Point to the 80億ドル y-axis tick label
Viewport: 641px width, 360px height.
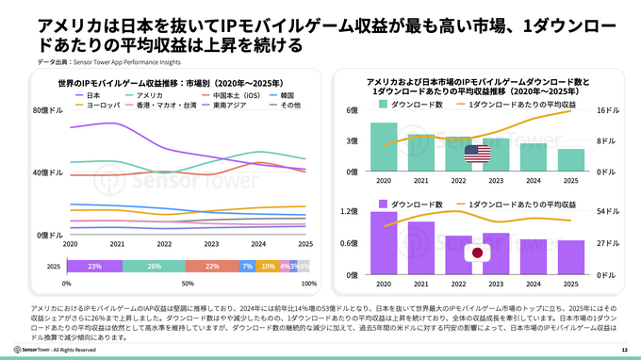tap(48, 111)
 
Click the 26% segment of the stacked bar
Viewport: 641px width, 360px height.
tap(154, 267)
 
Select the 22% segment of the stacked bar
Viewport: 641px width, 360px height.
tap(212, 267)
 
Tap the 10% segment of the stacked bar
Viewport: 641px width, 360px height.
tap(267, 267)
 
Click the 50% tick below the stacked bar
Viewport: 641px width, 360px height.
tap(187, 284)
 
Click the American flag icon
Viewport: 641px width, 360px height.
tap(477, 153)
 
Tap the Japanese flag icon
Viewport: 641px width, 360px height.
tap(477, 254)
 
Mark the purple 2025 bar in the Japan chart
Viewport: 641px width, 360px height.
tap(570, 256)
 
